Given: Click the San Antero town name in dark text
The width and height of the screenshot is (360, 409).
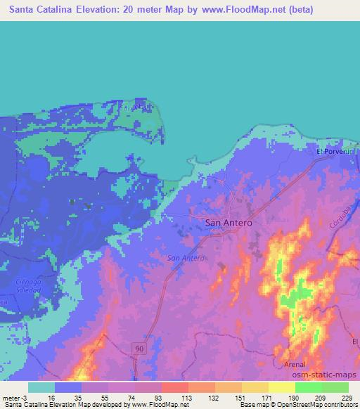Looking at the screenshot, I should tap(228, 222).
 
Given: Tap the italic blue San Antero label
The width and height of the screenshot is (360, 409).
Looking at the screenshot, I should tap(186, 258).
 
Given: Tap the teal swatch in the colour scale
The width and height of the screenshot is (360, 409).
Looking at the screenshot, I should tap(41, 387).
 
